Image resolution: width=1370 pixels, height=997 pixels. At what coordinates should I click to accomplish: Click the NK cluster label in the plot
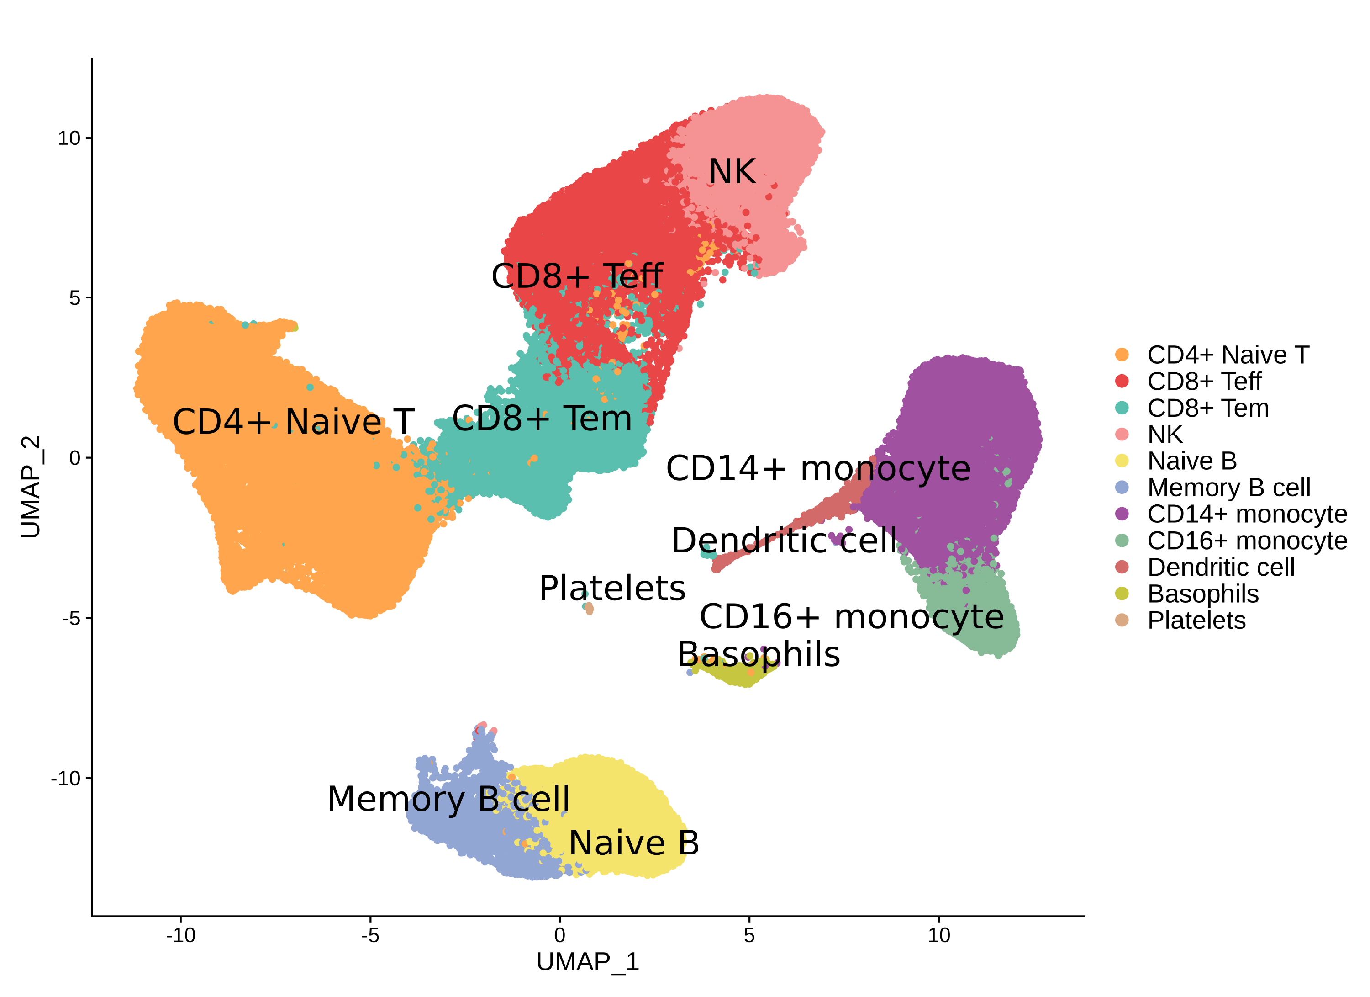[732, 172]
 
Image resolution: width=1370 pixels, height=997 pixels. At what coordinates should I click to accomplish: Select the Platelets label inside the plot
[612, 589]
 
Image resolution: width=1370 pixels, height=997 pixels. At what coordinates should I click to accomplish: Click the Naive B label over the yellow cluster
[634, 843]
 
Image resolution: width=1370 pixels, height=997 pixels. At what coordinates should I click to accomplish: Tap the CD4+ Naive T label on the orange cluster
[293, 421]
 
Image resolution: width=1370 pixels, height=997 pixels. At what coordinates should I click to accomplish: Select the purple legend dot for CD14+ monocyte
[1122, 514]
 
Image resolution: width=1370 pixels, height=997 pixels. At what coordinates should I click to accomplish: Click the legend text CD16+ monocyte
[1247, 541]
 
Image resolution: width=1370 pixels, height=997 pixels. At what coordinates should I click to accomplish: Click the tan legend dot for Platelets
[1122, 620]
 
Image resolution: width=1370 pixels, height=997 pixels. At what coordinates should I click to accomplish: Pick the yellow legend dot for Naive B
[1122, 461]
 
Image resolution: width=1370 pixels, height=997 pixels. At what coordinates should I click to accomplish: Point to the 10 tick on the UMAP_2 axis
[69, 138]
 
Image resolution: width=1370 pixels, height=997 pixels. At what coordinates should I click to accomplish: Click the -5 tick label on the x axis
[370, 935]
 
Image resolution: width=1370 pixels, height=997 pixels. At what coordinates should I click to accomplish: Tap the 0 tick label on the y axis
[74, 458]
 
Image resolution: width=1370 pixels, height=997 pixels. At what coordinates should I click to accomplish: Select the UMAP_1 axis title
[587, 962]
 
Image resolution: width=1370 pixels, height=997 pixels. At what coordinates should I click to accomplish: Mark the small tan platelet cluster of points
[588, 608]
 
